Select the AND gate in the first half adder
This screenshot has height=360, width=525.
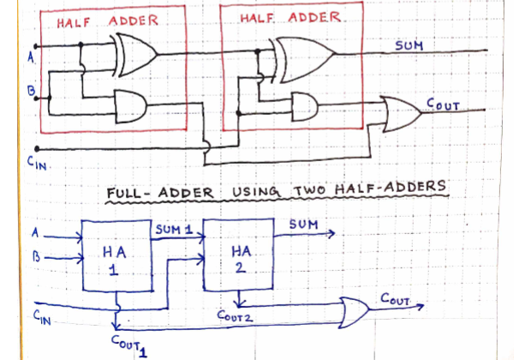130,106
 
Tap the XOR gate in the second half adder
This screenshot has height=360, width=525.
303,60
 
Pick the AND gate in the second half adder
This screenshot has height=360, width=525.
305,106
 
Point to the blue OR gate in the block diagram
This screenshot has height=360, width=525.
355,312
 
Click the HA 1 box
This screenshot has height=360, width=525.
116,255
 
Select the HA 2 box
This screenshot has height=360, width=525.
238,254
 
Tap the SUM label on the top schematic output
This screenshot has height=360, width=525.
409,45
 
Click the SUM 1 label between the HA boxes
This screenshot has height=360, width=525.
174,230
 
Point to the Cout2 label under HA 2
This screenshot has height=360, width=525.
235,316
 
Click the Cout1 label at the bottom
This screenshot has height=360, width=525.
129,345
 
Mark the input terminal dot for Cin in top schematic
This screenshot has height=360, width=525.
37,148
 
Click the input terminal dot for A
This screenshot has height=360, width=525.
36,46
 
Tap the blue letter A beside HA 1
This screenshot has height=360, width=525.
35,232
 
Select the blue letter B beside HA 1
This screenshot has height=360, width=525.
36,257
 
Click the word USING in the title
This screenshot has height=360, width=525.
256,192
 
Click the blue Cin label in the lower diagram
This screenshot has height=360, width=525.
42,318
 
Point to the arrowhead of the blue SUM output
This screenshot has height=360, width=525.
331,233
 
